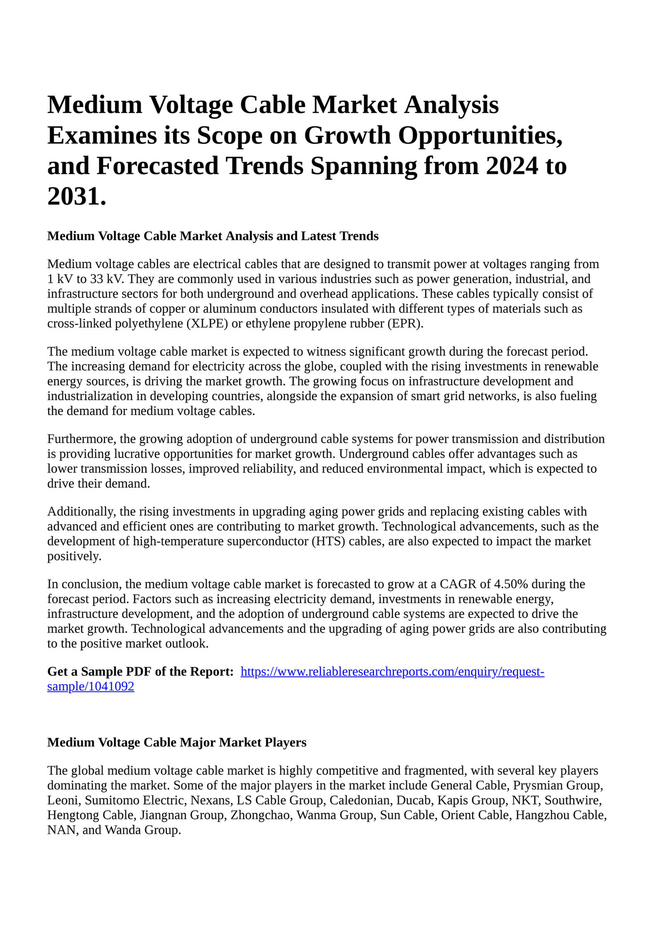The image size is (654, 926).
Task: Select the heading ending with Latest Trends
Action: click(x=212, y=236)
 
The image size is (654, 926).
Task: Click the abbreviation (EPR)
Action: click(x=406, y=324)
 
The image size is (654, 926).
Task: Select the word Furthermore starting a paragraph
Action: click(x=80, y=439)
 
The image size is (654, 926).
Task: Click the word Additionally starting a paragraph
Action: click(x=81, y=512)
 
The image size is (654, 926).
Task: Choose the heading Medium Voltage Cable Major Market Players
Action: click(x=177, y=743)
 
